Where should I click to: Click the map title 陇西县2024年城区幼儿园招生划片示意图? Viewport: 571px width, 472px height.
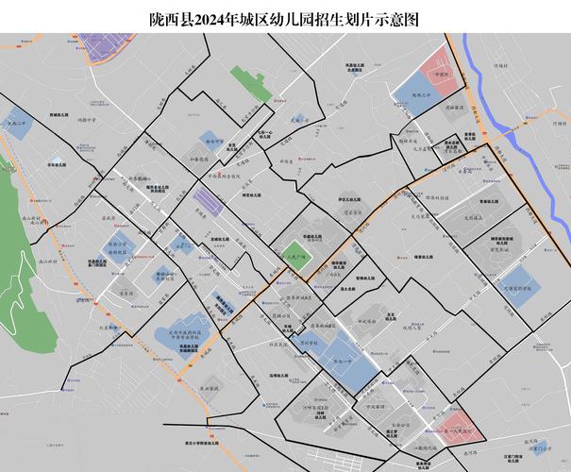pyautogui.click(x=285, y=18)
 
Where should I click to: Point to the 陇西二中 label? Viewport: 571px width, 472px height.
pyautogui.click(x=16, y=124)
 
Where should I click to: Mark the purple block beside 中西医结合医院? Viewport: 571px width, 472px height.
pyautogui.click(x=205, y=201)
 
